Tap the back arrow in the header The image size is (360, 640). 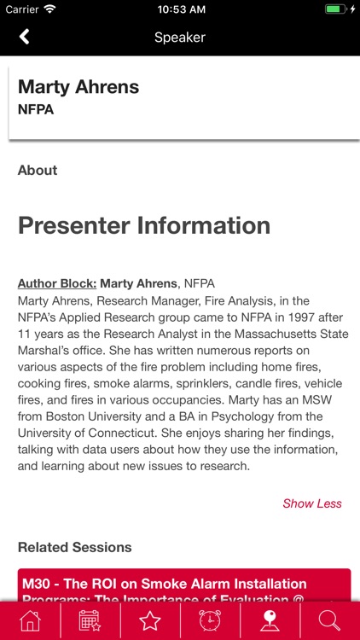(25, 37)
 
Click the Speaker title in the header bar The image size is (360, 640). (180, 38)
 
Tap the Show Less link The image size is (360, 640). (312, 503)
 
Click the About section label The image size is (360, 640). (38, 171)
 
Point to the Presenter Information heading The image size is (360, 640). (144, 225)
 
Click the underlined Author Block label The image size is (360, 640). (57, 283)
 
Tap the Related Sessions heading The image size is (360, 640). (75, 547)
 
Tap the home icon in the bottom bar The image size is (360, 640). (30, 620)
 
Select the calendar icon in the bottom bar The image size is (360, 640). (90, 620)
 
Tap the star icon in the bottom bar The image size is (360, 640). (150, 620)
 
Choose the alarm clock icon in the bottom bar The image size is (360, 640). (210, 620)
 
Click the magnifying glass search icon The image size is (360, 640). (329, 620)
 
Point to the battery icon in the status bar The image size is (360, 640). (334, 9)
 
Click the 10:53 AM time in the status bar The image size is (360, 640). (180, 9)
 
